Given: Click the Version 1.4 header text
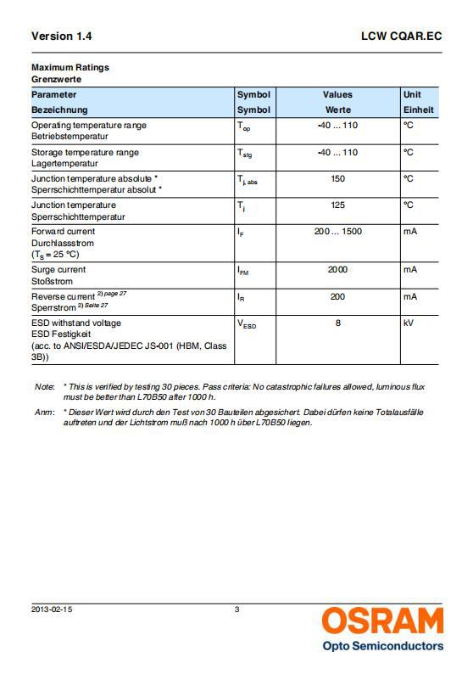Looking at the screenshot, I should (x=61, y=37).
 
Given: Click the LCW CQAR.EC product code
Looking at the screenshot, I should (x=401, y=37).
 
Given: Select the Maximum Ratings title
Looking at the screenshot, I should (x=70, y=67).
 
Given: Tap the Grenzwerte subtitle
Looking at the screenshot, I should (x=56, y=78).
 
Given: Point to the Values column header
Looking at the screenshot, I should (x=337, y=94).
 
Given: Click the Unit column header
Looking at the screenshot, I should (x=412, y=94).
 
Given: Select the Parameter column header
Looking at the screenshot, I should (x=53, y=94).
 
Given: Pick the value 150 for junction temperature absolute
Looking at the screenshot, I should (x=337, y=178).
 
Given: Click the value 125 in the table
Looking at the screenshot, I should (x=337, y=205).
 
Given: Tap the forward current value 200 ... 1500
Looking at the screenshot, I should (x=337, y=231).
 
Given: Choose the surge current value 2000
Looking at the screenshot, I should (x=337, y=269).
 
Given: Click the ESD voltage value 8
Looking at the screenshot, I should (x=337, y=323).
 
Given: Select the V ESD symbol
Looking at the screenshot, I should (x=246, y=324).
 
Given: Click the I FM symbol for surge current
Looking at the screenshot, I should (x=242, y=271).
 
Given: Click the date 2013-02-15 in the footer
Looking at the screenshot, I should (x=52, y=608).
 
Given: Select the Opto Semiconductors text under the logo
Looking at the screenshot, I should (x=382, y=646).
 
